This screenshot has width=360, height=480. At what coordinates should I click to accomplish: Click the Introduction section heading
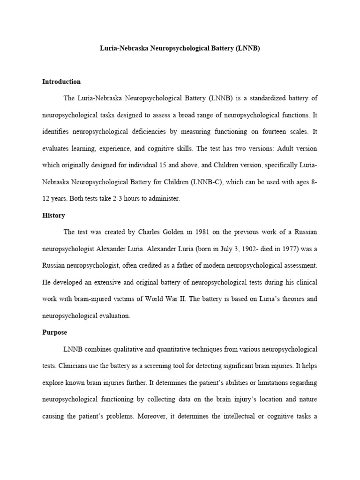click(x=61, y=82)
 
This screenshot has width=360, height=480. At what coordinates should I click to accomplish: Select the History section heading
click(x=53, y=216)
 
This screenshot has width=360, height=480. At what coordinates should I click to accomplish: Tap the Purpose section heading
click(x=55, y=332)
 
